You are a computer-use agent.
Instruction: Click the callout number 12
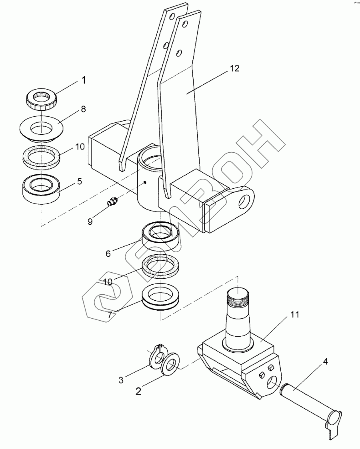(x=234, y=68)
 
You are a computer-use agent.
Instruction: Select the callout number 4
(x=325, y=362)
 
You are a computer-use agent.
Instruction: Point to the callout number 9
(x=90, y=221)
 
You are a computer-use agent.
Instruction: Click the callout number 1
(x=83, y=80)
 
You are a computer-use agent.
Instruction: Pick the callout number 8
(x=84, y=109)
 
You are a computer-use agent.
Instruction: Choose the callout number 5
(x=80, y=181)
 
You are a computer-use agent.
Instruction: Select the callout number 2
(x=138, y=391)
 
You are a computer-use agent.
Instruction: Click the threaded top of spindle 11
(x=238, y=297)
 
